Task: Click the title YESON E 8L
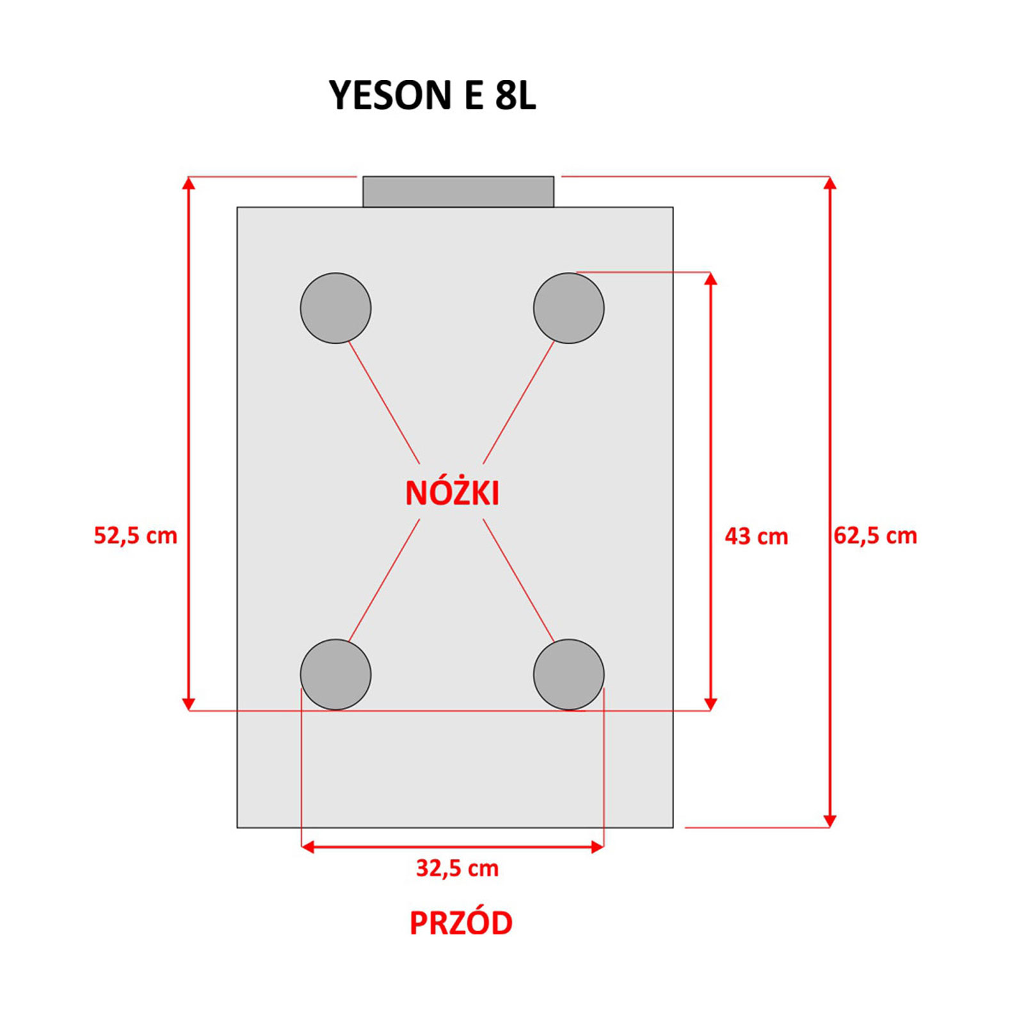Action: coord(433,95)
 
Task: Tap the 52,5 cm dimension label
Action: coord(136,535)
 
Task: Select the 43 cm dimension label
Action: coord(756,536)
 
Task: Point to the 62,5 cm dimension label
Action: coord(876,535)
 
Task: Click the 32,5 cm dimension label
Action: coord(458,868)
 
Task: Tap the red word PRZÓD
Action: coord(461,923)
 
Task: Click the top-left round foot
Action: coord(336,308)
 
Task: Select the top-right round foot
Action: coord(569,308)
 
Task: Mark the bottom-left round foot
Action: coord(336,675)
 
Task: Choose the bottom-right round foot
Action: coord(569,675)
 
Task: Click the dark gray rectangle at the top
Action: coord(458,192)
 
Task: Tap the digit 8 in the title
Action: coord(505,95)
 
